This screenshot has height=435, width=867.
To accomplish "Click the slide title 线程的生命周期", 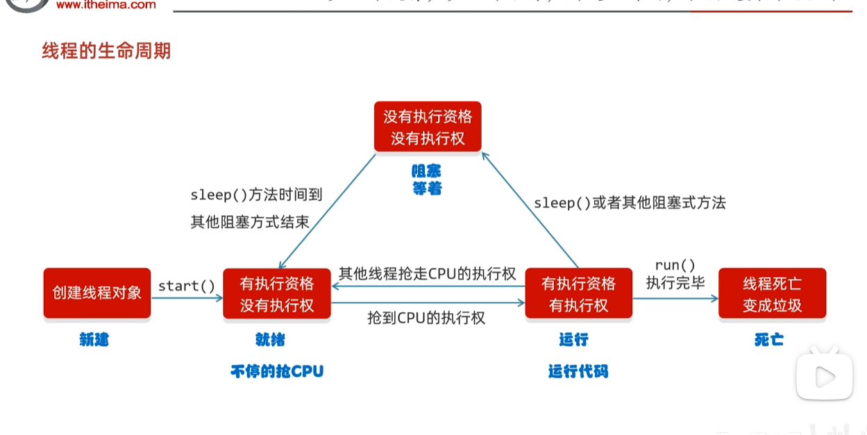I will (x=106, y=51).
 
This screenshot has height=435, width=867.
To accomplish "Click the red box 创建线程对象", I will (x=97, y=293).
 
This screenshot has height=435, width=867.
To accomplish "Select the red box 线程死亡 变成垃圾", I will (x=772, y=293).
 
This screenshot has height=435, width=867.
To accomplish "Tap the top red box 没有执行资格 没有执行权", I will (x=428, y=126).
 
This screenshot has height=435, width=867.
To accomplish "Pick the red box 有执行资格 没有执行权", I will (x=277, y=293).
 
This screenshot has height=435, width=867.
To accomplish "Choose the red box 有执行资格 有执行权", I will (x=578, y=293).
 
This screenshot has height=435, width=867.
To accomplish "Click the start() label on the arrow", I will (x=187, y=286).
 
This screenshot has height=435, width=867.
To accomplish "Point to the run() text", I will (x=675, y=265).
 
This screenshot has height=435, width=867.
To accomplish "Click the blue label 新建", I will (x=94, y=340).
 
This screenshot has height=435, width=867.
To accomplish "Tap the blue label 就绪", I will (x=270, y=340).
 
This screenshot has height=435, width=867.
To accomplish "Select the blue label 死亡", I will (x=769, y=340).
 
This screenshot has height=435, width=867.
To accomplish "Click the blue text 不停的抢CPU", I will (x=277, y=371).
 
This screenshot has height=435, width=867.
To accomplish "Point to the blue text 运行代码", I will (x=578, y=371).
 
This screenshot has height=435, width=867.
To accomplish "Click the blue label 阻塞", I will (x=426, y=171).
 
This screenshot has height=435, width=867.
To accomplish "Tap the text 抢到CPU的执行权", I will (x=426, y=318).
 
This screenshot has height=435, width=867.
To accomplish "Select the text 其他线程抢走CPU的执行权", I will (x=427, y=273).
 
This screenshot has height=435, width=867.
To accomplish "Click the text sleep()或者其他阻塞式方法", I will (x=630, y=203).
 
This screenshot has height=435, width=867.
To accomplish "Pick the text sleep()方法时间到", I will (x=257, y=195).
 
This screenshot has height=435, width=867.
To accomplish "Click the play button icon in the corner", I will (x=824, y=377).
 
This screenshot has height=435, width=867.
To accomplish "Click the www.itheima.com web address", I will (x=106, y=5).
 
